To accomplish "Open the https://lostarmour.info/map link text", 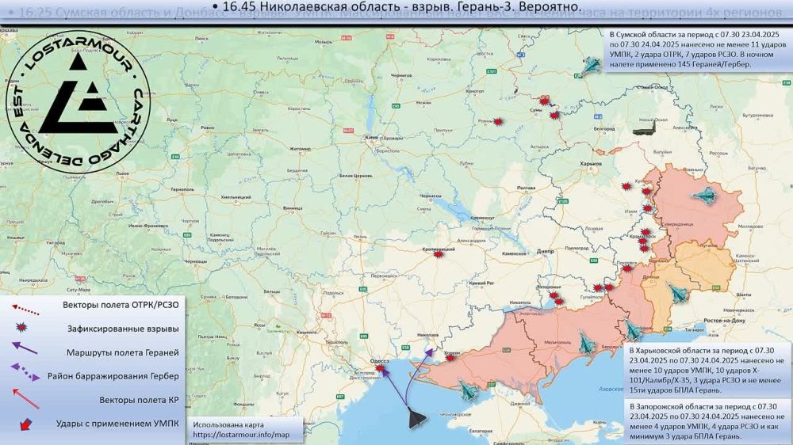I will coord(234,435).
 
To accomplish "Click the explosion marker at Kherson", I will coord(450,358).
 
